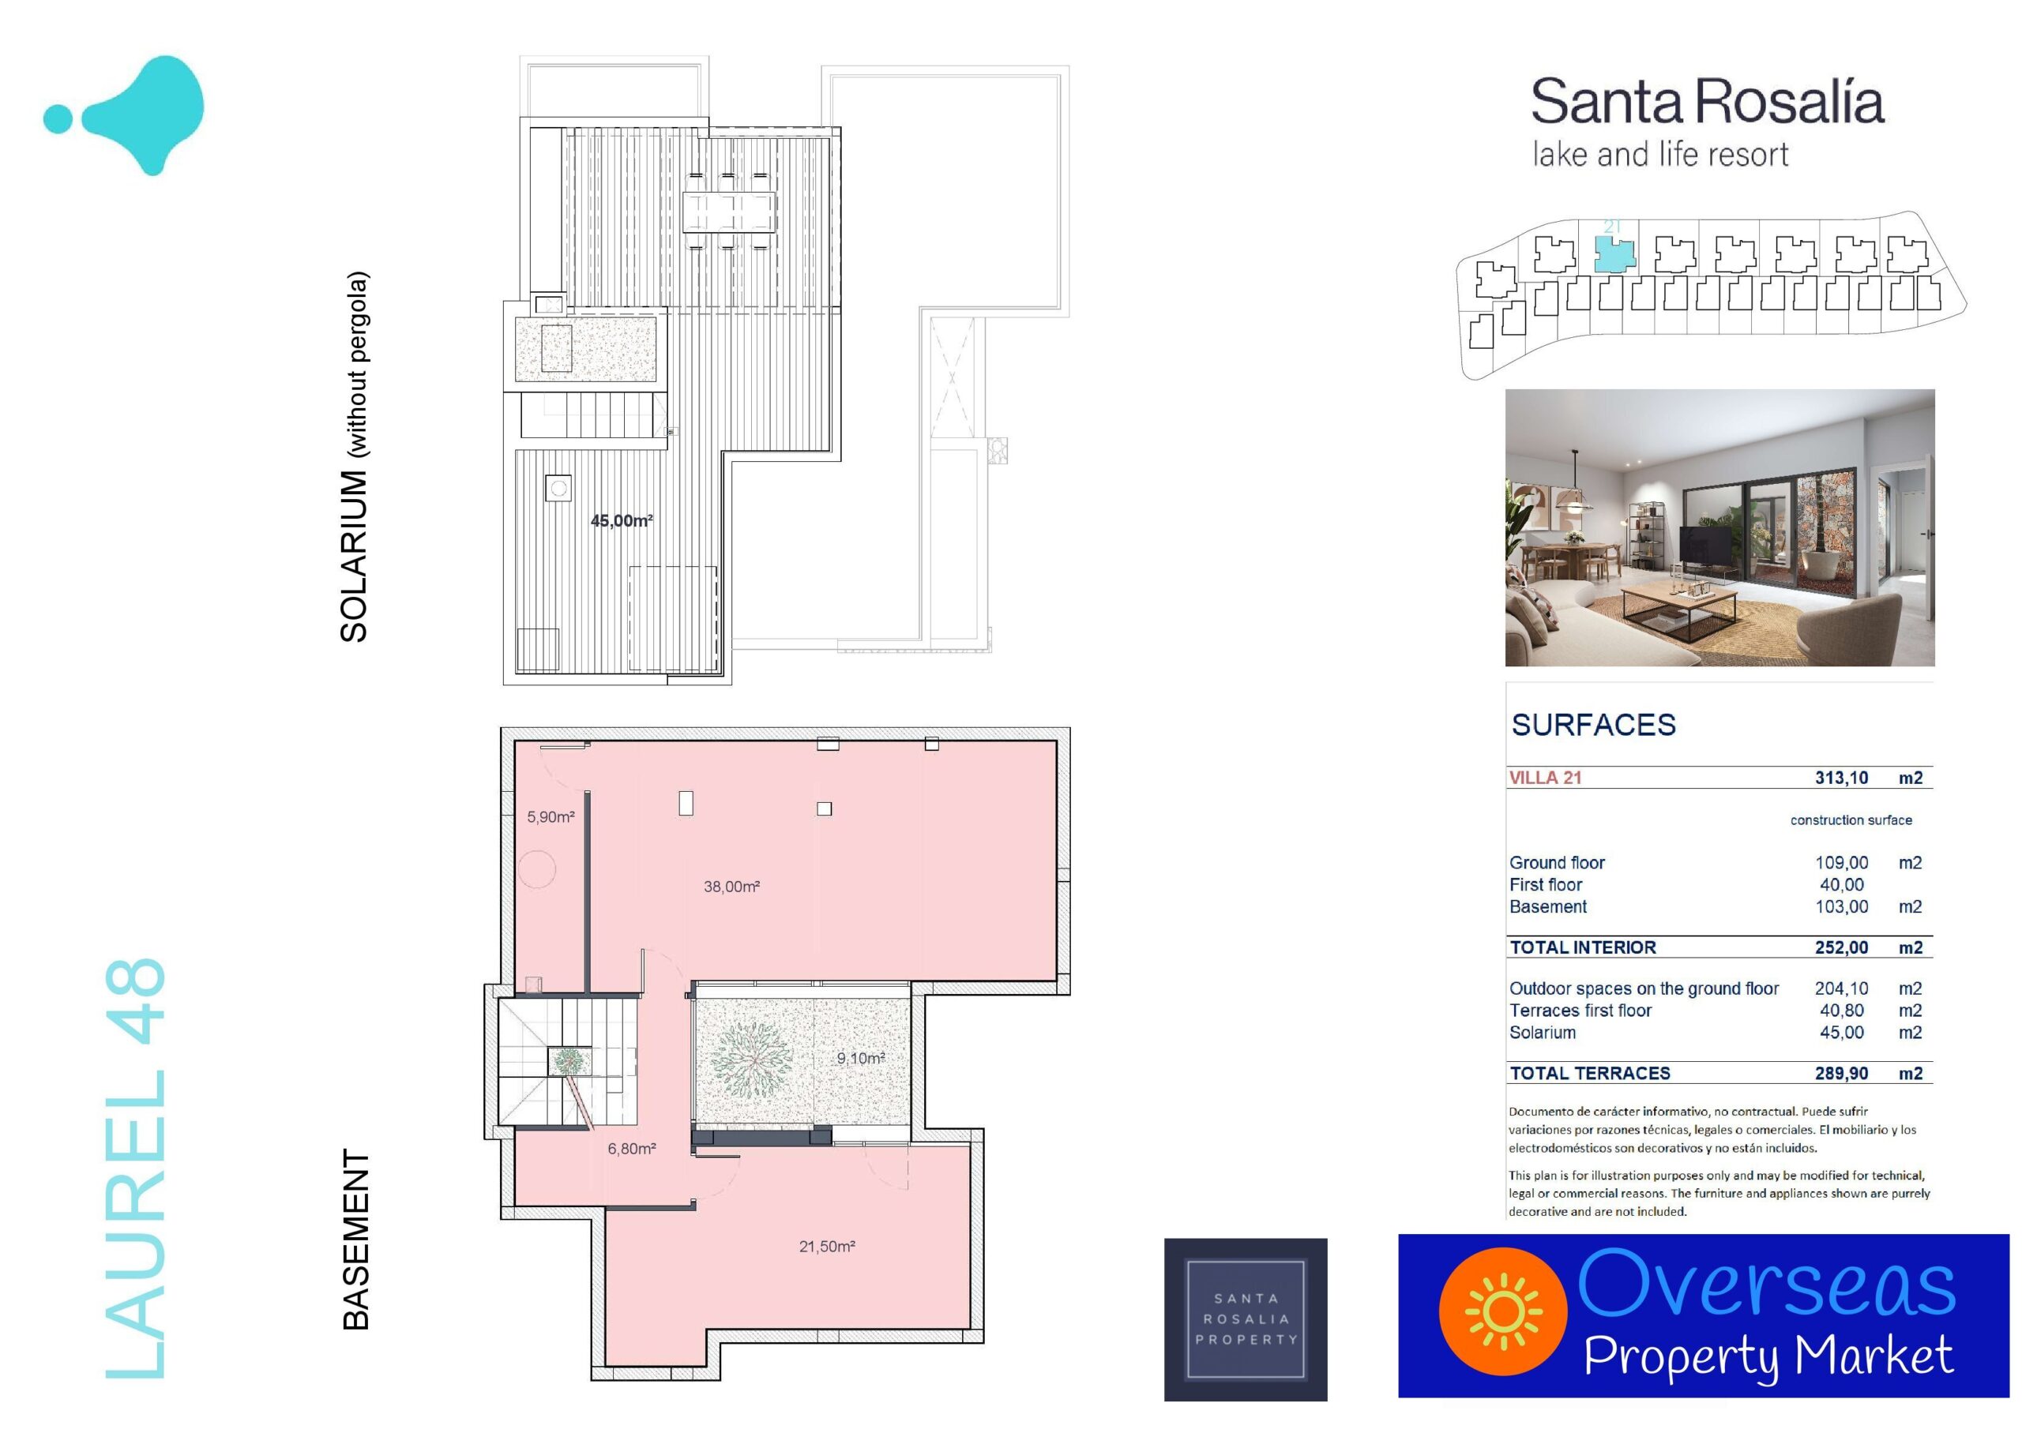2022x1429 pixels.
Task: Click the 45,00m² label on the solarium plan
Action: [622, 520]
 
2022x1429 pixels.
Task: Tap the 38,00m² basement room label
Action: [732, 887]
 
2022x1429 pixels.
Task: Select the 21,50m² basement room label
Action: [827, 1246]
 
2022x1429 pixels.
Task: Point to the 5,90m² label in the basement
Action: [551, 817]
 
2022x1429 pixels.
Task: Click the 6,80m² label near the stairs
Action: [631, 1148]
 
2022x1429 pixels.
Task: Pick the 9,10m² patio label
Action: [860, 1057]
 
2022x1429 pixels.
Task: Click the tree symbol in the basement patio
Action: [750, 1056]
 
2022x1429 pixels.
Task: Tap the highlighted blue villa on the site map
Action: [1615, 254]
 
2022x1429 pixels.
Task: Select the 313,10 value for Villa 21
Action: [1841, 778]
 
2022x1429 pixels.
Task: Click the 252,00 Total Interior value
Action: [1841, 947]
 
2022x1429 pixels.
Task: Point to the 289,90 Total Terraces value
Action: [1841, 1073]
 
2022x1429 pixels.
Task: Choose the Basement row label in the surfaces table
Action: [1548, 907]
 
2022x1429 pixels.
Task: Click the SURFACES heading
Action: [1594, 725]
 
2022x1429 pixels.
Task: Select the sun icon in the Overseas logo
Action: [1503, 1312]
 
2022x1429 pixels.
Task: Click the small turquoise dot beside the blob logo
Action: [59, 119]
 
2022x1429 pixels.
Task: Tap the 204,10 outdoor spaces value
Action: [1841, 988]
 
